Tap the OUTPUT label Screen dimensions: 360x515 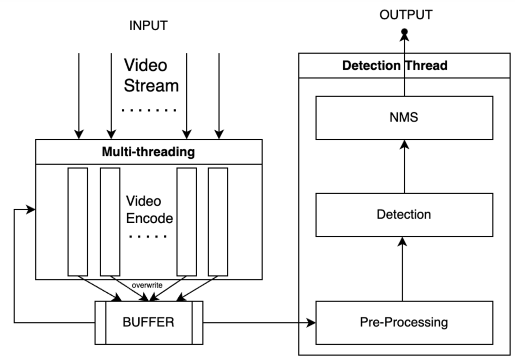pyautogui.click(x=405, y=15)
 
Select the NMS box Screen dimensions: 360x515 pyautogui.click(x=404, y=117)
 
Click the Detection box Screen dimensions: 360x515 pyautogui.click(x=404, y=215)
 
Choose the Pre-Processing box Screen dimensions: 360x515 pyautogui.click(x=404, y=321)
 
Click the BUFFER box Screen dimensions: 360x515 pyautogui.click(x=148, y=322)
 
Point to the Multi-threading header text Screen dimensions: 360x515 pyautogui.click(x=148, y=152)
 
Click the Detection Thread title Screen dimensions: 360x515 pyautogui.click(x=395, y=66)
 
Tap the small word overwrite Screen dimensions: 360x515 pyautogui.click(x=147, y=285)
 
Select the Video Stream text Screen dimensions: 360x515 pyautogui.click(x=151, y=75)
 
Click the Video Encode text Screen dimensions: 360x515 pyautogui.click(x=149, y=210)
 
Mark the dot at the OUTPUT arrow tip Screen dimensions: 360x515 pyautogui.click(x=403, y=33)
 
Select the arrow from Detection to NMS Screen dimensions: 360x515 pyautogui.click(x=403, y=166)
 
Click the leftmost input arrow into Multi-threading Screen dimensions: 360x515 pyautogui.click(x=78, y=96)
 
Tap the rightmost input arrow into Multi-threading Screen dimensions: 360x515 pyautogui.click(x=219, y=96)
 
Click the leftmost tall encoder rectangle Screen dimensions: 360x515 pyautogui.click(x=78, y=222)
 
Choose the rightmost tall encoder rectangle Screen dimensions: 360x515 pyautogui.click(x=218, y=222)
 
